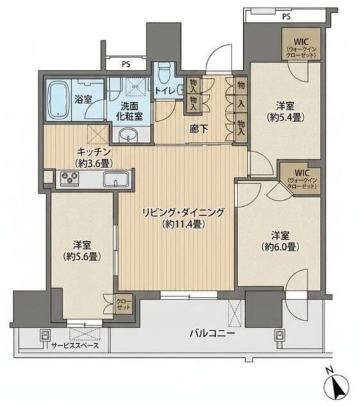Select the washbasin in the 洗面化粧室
click(130, 134)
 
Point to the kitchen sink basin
click(116, 180)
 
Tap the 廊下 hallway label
click(197, 129)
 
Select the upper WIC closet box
click(298, 46)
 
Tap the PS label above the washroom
click(126, 63)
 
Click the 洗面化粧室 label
click(130, 112)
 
